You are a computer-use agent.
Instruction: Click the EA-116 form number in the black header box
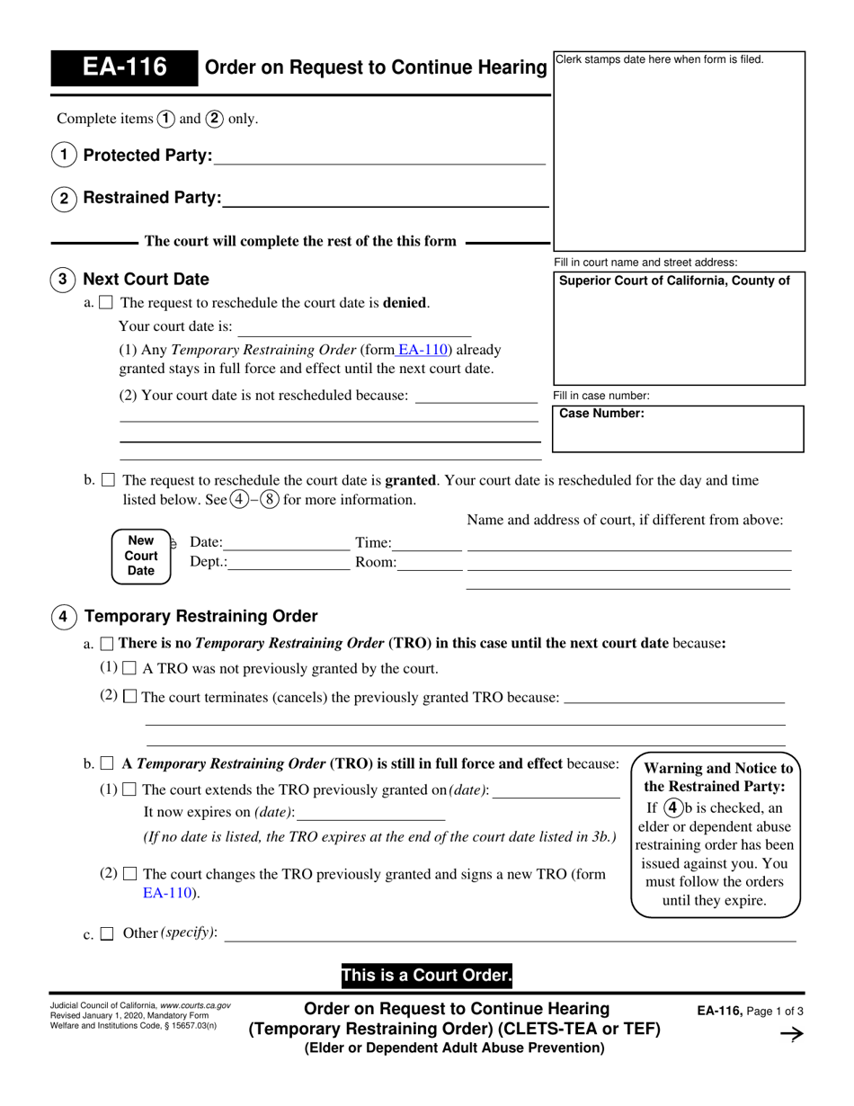(124, 68)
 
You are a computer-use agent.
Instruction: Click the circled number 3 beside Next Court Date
(62, 279)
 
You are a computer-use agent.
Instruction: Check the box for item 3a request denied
(106, 304)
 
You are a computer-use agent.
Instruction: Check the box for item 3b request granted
(108, 481)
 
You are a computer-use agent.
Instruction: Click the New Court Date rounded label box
(141, 556)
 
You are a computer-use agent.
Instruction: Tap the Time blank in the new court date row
(428, 543)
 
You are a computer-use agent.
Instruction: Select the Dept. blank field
(289, 563)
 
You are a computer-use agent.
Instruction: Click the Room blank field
(430, 563)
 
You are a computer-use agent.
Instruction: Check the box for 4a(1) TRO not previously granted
(129, 669)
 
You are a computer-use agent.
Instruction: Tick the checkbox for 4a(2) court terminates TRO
(129, 697)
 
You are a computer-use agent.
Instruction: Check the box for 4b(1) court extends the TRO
(129, 790)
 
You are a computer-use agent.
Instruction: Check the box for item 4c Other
(107, 934)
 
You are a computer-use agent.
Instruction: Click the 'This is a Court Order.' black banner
(426, 975)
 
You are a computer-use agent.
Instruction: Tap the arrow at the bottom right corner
(790, 1035)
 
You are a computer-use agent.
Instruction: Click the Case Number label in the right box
(601, 414)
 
